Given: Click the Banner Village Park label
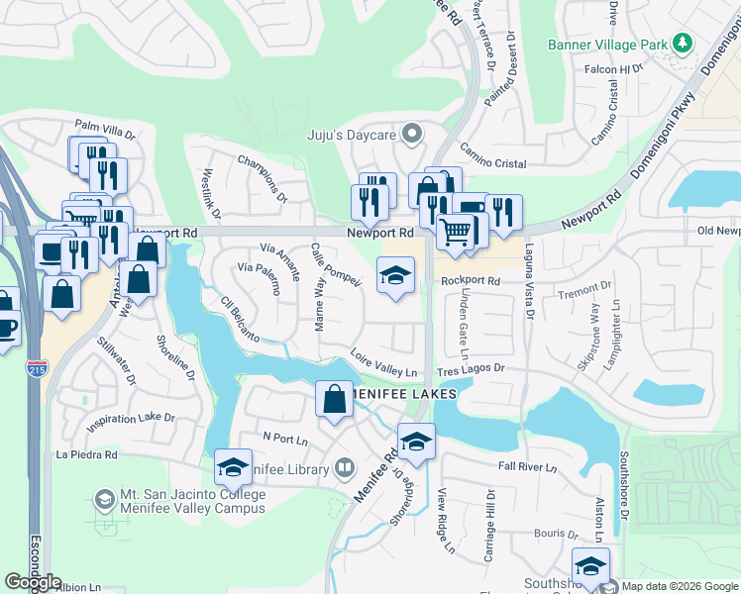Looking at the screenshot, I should pos(607,45).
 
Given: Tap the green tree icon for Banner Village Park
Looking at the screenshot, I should pos(682,44).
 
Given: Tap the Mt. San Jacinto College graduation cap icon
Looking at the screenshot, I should pos(104,501).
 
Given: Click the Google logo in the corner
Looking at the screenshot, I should pos(33,582).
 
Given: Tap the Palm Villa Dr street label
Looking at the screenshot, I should pos(104,127).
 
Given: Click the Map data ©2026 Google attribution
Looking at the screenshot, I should pos(678,586).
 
